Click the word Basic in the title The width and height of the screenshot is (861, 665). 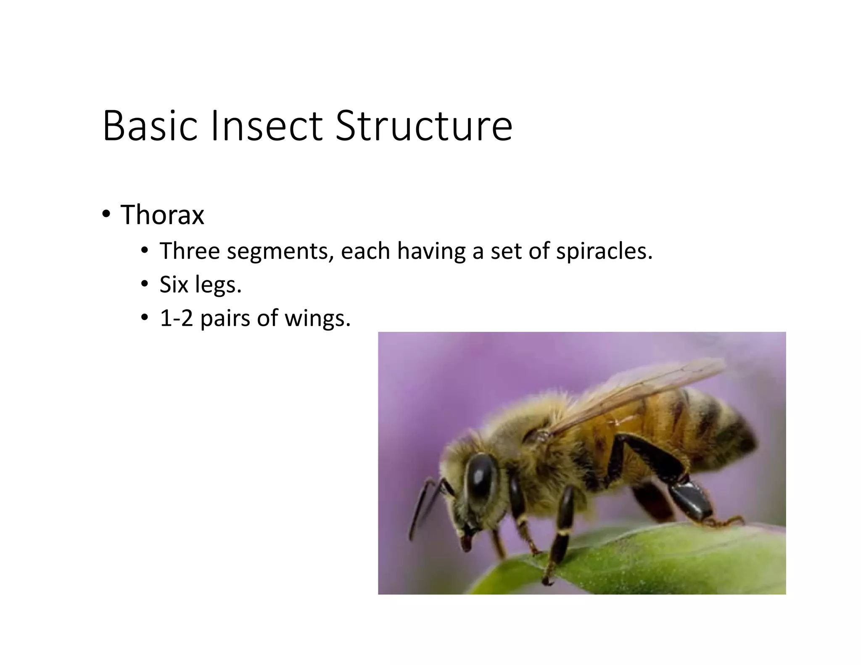click(x=150, y=126)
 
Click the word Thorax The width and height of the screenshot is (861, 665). click(x=162, y=215)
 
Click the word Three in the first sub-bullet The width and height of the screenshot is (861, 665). click(x=190, y=251)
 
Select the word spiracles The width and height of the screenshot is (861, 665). click(x=604, y=251)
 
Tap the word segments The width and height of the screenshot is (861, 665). click(x=280, y=252)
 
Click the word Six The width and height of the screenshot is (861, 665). click(x=174, y=285)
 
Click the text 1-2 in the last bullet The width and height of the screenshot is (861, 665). click(x=176, y=318)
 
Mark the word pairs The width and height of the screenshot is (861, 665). click(x=227, y=319)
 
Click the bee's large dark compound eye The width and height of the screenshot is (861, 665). click(x=482, y=475)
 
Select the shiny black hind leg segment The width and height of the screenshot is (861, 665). click(x=689, y=500)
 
